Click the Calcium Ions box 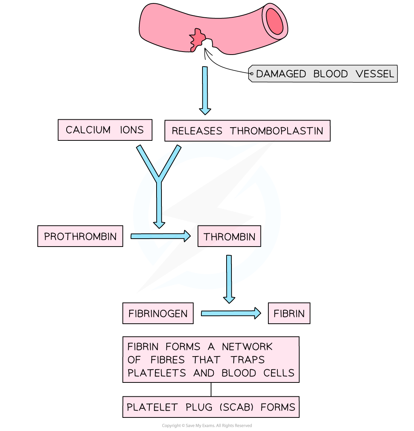coord(105,130)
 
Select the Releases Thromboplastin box coord(247,131)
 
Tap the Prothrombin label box coord(80,236)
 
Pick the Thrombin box coord(229,236)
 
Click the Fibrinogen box coord(158,314)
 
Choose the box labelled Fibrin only coord(289,314)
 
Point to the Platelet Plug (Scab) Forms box coord(211,407)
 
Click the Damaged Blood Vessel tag coord(324,74)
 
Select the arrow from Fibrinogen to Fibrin coord(230,313)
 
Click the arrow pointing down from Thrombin coord(229,279)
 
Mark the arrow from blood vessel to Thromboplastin coord(205,90)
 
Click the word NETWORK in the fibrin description coord(247,347)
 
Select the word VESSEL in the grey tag coord(375,74)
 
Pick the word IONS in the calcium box coord(132,130)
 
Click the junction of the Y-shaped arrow coord(159,179)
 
